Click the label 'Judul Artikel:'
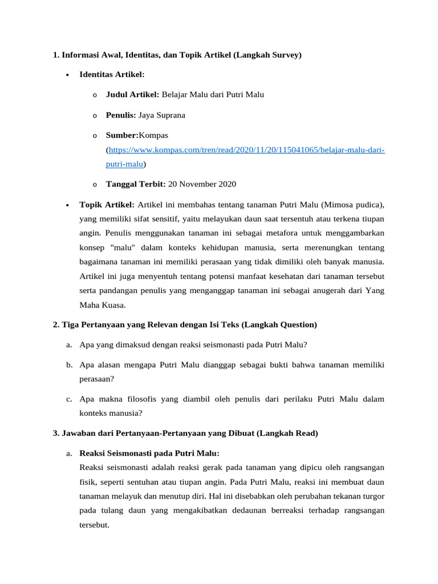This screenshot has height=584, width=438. pyautogui.click(x=133, y=95)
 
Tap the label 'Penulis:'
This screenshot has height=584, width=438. pyautogui.click(x=121, y=115)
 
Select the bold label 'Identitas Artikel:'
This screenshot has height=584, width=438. pyautogui.click(x=112, y=75)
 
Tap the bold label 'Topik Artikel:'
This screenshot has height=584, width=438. pyautogui.click(x=107, y=204)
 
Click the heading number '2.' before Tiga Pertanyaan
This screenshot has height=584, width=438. pyautogui.click(x=56, y=325)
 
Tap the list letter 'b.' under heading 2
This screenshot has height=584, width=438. pyautogui.click(x=68, y=364)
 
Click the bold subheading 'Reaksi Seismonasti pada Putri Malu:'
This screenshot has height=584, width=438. pyautogui.click(x=149, y=453)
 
